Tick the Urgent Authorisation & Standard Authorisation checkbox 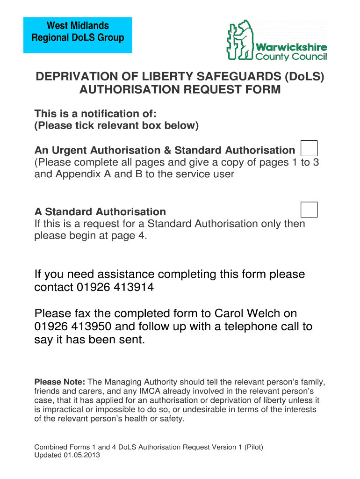[x=309, y=148]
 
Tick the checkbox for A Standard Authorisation [x=309, y=210]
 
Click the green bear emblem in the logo [x=239, y=40]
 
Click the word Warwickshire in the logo [x=291, y=48]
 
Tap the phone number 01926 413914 [x=115, y=287]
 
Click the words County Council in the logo [x=291, y=57]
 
